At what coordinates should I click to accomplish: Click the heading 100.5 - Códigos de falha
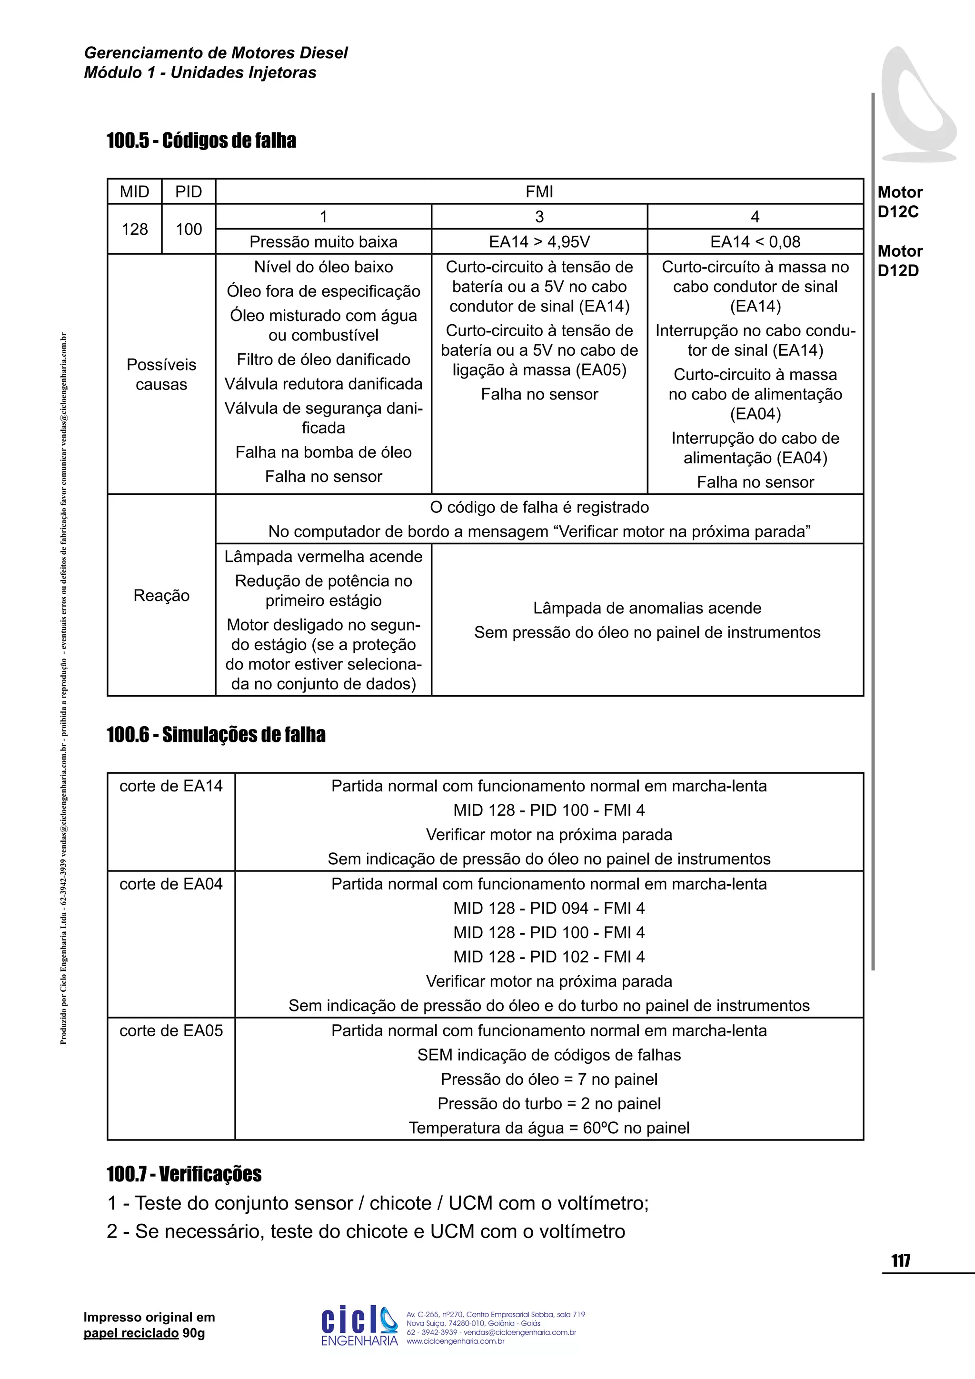click(201, 140)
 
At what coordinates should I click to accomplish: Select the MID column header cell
click(134, 191)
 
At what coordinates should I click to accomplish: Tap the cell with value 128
click(134, 229)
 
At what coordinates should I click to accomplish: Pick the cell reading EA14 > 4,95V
click(539, 241)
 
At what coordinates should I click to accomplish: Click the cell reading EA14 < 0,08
click(755, 241)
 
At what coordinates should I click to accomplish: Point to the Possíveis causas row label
click(161, 374)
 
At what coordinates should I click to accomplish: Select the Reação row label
click(161, 595)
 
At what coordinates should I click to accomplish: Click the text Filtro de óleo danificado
click(323, 359)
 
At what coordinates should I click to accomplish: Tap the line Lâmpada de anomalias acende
click(647, 608)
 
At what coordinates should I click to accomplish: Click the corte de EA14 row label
click(171, 786)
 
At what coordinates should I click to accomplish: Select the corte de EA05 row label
click(171, 1030)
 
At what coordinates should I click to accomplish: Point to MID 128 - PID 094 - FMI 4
click(549, 908)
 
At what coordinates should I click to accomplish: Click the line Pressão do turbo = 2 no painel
click(549, 1103)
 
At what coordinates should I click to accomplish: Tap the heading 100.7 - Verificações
click(184, 1174)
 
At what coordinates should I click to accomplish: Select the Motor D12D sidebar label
click(899, 260)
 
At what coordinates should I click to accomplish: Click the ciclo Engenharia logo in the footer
click(359, 1325)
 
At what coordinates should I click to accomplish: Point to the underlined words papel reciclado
click(131, 1333)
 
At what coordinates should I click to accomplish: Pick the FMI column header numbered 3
click(539, 216)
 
